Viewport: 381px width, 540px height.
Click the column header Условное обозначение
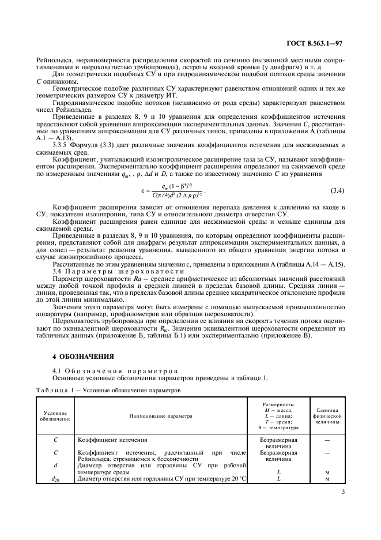pyautogui.click(x=56, y=415)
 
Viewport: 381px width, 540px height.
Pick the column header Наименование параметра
pyautogui.click(x=161, y=415)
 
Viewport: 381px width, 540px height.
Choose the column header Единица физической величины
pyautogui.click(x=327, y=415)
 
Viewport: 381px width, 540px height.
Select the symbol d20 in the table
pyautogui.click(x=56, y=478)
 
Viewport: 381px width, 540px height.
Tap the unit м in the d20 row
pyautogui.click(x=327, y=478)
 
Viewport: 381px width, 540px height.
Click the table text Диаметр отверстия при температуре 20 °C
pyautogui.click(x=161, y=478)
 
